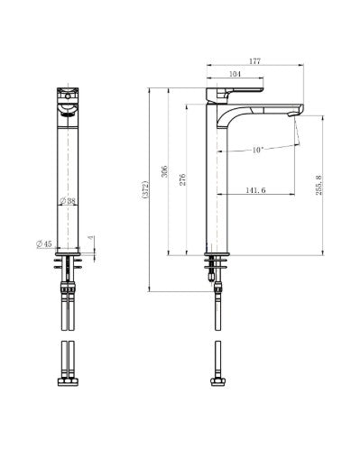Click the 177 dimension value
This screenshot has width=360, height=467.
point(254,61)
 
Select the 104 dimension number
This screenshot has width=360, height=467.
point(235,74)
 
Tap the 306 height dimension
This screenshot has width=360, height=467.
point(164,171)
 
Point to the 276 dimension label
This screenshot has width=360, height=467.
point(182,179)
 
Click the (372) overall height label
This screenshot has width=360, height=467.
point(145,189)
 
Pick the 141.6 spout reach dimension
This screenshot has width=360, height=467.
point(255,190)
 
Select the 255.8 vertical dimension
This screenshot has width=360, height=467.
point(318,185)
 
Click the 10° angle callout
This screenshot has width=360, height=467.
point(257,150)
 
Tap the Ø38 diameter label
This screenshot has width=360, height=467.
point(68,201)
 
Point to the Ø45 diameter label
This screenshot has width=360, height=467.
point(44,244)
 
